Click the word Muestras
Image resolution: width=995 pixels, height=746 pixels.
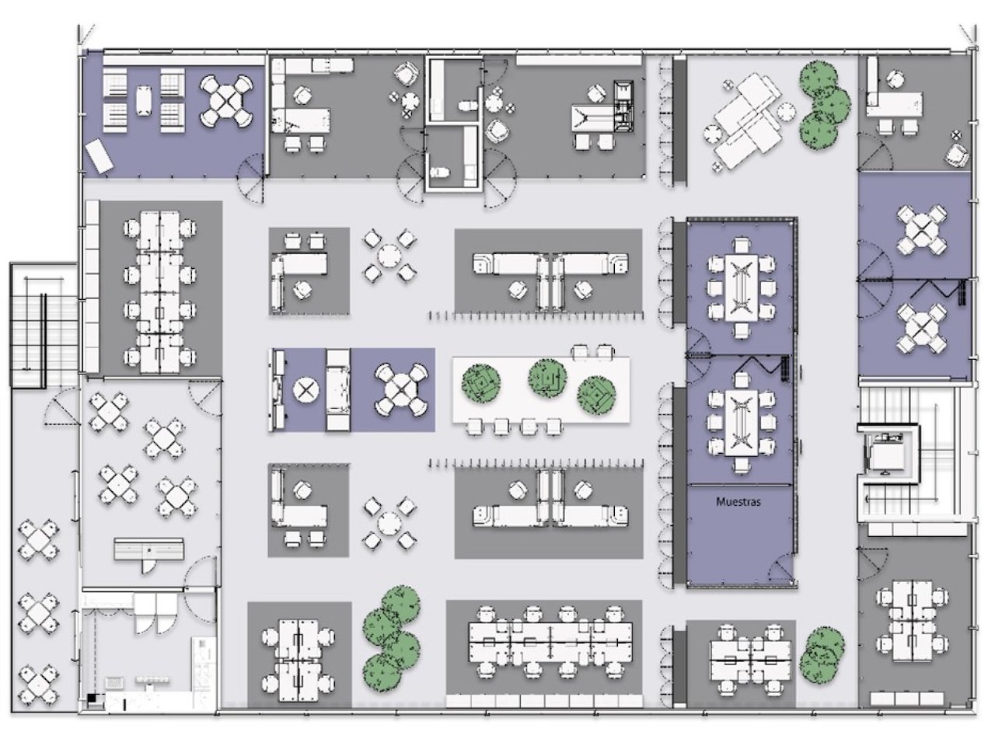click(738, 502)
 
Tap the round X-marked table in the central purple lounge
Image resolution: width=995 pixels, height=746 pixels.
click(306, 389)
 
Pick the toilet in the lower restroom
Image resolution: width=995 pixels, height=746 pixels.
click(438, 172)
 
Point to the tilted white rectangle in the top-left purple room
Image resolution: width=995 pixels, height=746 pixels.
click(99, 156)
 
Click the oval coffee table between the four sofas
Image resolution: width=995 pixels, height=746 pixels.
click(143, 100)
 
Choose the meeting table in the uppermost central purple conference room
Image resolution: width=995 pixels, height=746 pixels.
click(741, 288)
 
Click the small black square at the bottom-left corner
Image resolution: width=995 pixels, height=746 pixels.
click(92, 698)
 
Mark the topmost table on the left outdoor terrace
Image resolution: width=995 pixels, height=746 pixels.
click(39, 539)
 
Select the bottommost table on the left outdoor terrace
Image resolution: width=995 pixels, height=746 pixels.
click(39, 685)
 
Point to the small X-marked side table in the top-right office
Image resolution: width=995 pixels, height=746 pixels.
click(956, 135)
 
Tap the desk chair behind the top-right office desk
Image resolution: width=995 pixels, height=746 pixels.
click(895, 80)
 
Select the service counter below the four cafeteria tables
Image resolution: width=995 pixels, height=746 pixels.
click(148, 549)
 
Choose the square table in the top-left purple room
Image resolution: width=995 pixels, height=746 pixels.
click(226, 100)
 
